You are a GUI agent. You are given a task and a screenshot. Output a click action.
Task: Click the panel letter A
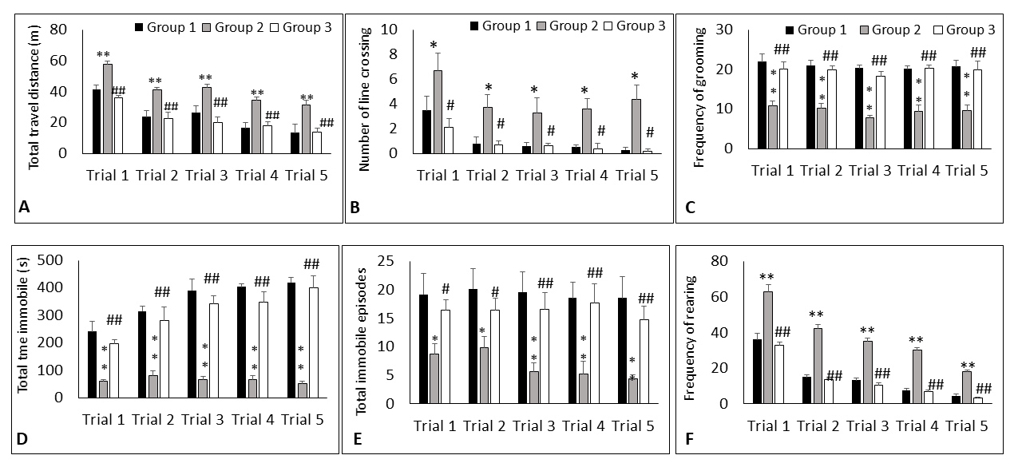(x=23, y=208)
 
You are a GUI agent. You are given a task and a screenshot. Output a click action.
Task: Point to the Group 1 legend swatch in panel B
(x=475, y=26)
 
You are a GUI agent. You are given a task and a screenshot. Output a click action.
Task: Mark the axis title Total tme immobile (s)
(x=22, y=328)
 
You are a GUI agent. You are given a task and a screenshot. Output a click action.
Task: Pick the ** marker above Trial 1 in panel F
(x=767, y=278)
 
